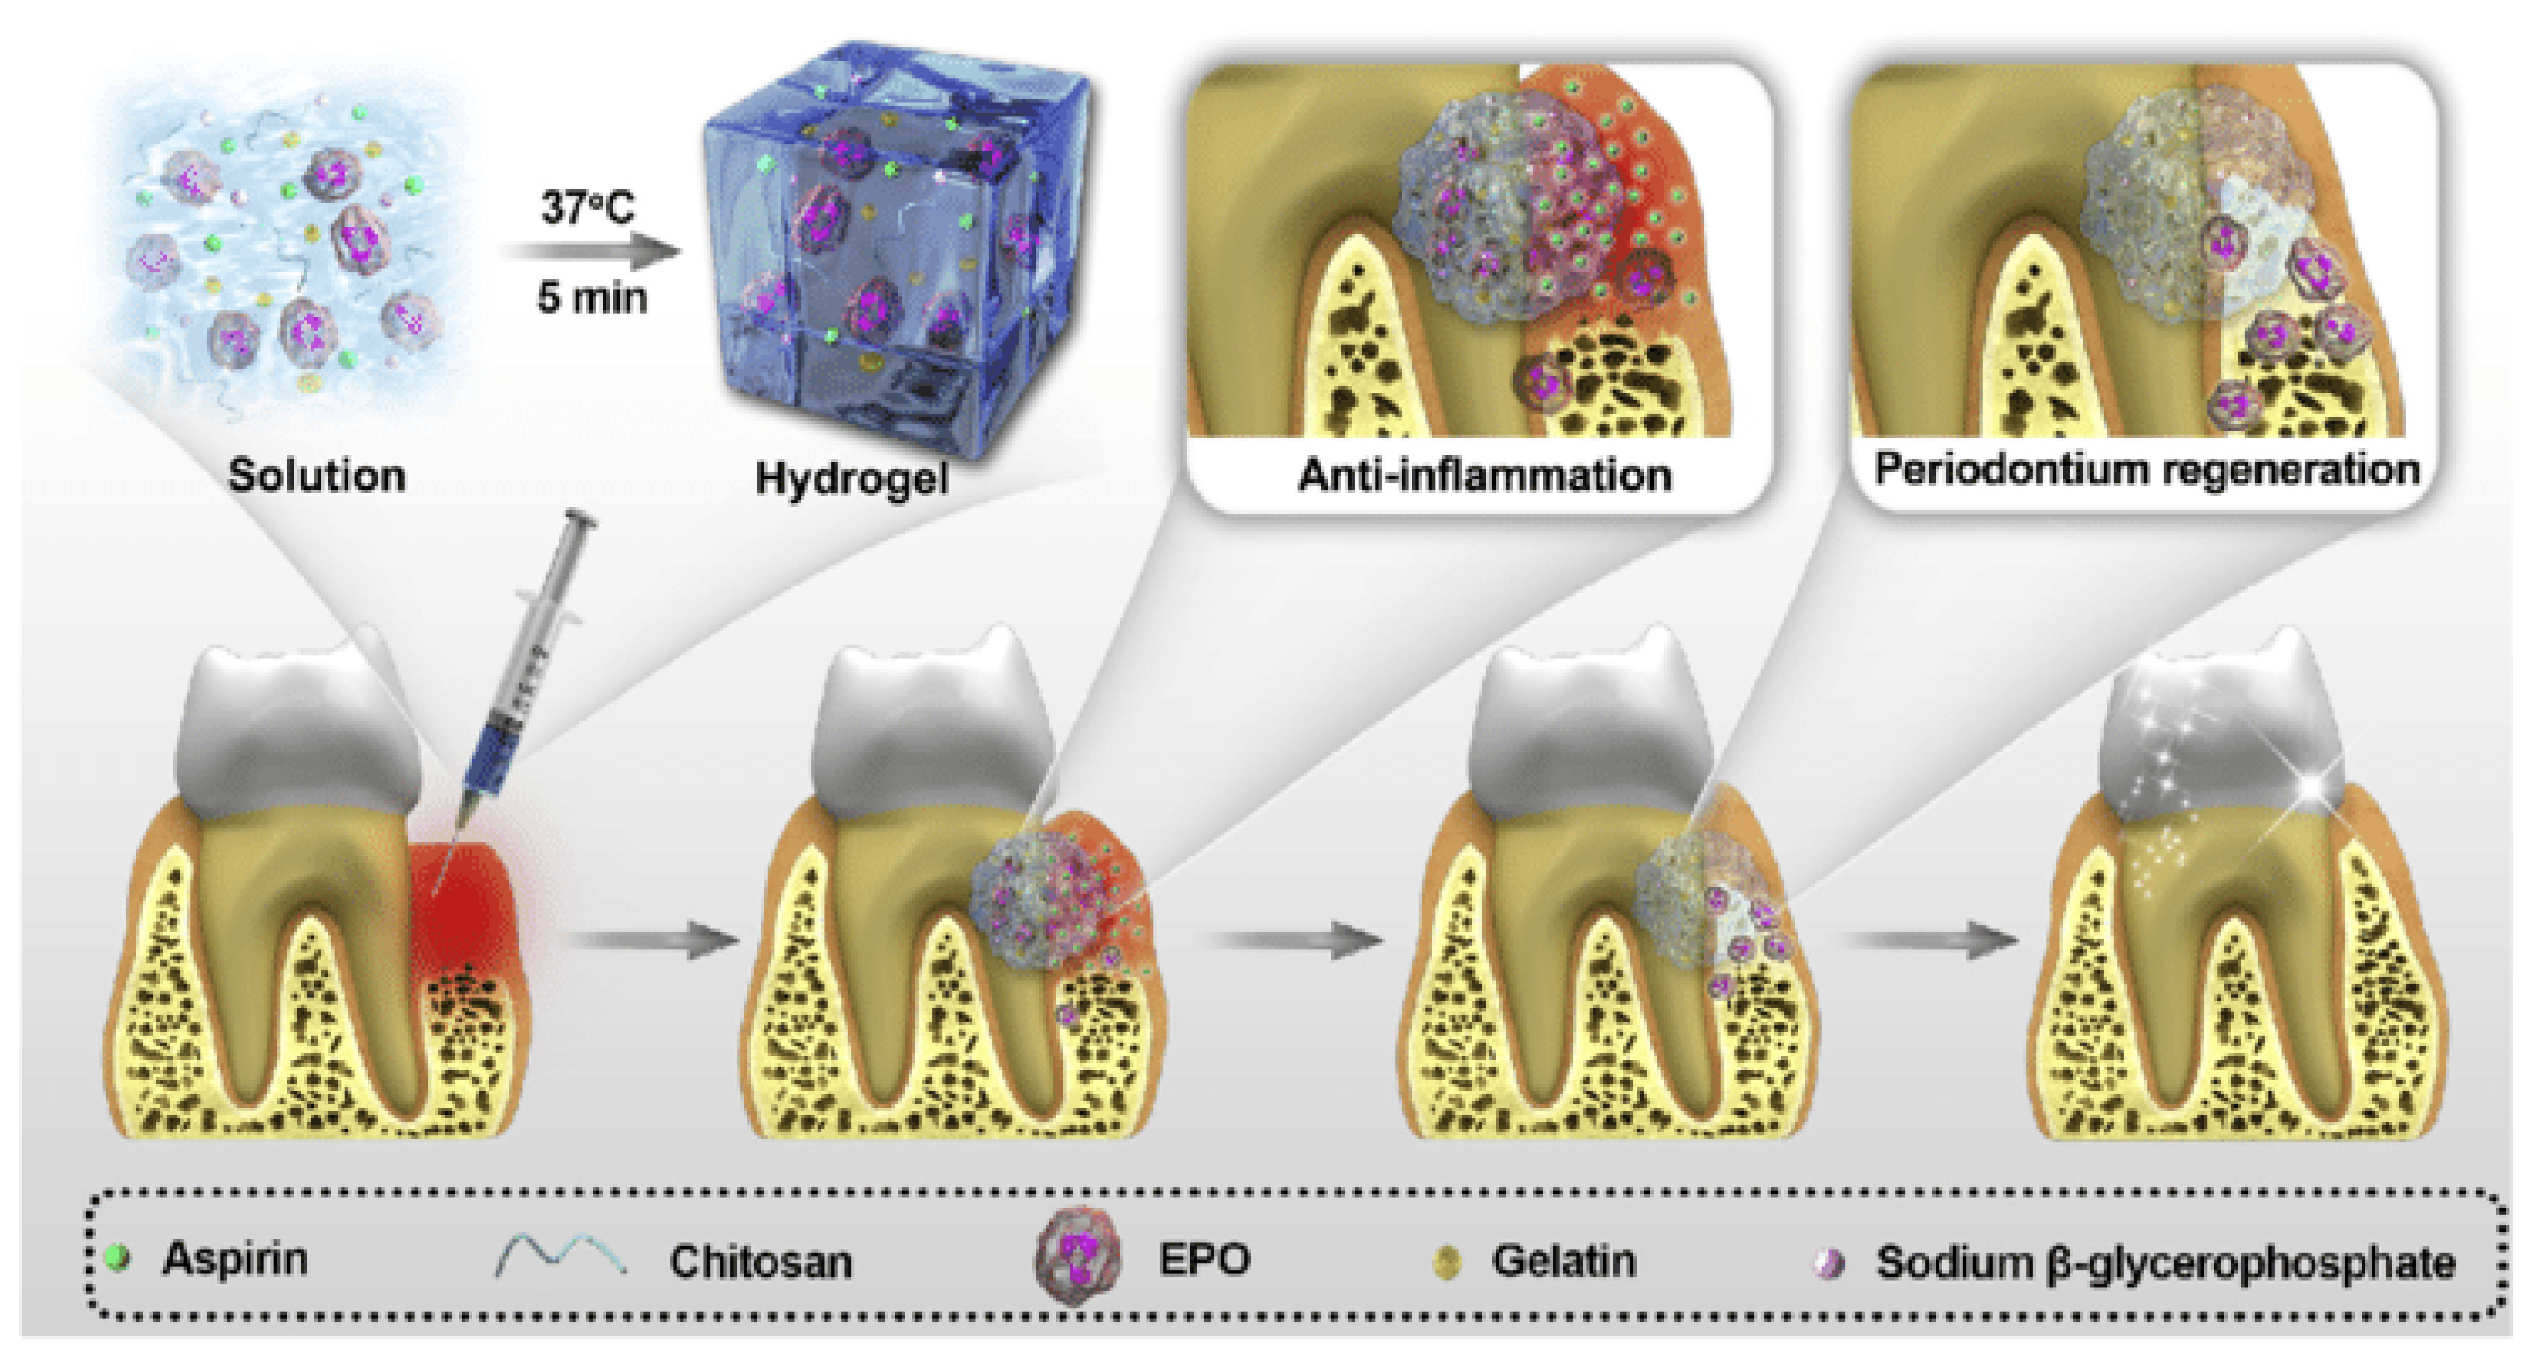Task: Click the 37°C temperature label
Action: [588, 208]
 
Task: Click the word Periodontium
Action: [2007, 469]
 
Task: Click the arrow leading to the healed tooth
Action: [1929, 939]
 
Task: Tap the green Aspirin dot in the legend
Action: [119, 1259]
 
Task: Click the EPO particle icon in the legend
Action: [1077, 1259]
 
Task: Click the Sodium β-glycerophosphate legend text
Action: [2165, 1263]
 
